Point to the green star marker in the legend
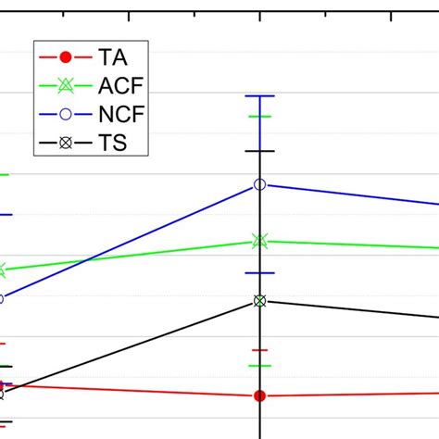pos(65,86)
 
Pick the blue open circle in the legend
pos(65,115)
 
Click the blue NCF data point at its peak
pos(260,185)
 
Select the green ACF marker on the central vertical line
pos(260,242)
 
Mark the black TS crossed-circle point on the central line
pos(260,301)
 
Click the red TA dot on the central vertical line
pos(260,396)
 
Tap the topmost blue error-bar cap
pos(260,95)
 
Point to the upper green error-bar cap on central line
pos(260,117)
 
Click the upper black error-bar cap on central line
pos(260,150)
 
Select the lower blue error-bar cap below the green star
pos(260,273)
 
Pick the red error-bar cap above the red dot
pos(260,350)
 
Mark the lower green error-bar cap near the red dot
pos(260,366)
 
